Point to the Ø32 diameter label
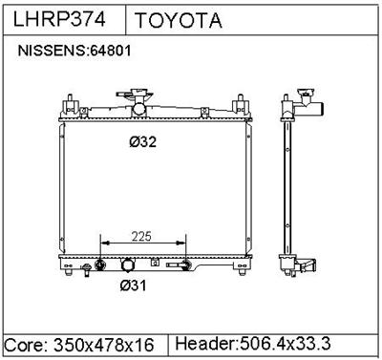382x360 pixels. tap(142, 143)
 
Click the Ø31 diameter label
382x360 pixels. tap(133, 286)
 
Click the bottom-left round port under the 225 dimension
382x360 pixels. tap(99, 265)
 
